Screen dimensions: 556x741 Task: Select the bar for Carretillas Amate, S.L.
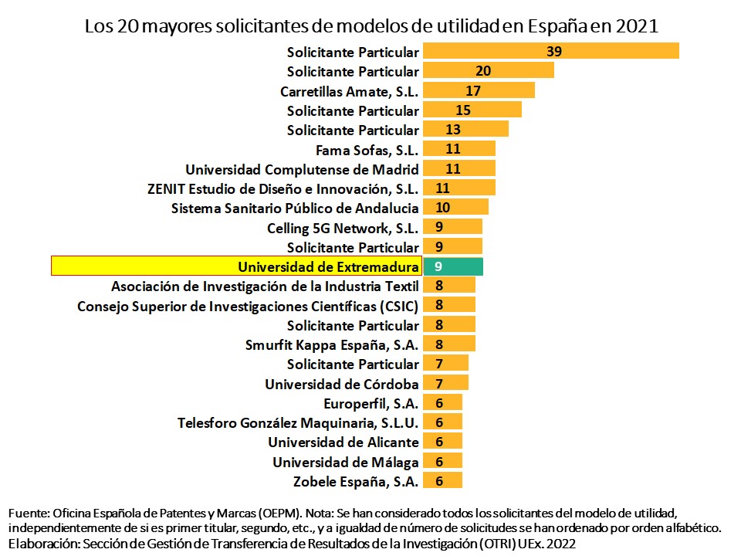[x=479, y=90]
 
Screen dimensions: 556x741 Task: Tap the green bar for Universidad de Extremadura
[x=453, y=266]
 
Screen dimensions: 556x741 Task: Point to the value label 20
[x=483, y=71]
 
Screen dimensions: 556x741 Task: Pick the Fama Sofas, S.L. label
[x=367, y=150]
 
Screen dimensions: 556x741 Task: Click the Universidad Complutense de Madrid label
[x=303, y=169]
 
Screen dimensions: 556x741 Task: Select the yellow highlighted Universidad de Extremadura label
[x=328, y=266]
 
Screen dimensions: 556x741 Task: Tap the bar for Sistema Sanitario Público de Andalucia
[x=455, y=208]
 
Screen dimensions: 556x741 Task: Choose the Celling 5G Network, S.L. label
[x=343, y=228]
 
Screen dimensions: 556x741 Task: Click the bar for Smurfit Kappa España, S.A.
[x=449, y=344]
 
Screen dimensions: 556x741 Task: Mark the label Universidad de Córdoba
[x=342, y=384]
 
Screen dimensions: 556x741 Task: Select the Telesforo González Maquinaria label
[x=298, y=422]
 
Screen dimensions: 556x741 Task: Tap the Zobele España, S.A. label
[x=357, y=481]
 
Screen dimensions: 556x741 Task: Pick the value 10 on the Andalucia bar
[x=443, y=208]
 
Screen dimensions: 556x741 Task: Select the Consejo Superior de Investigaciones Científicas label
[x=248, y=305]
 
